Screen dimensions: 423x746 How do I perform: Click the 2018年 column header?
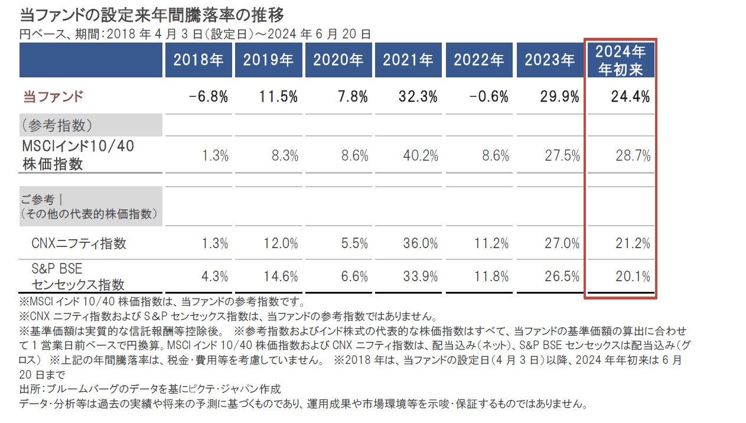[x=198, y=60]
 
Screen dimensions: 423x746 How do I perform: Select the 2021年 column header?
[x=408, y=60]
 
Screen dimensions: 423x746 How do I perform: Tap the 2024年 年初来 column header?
[x=620, y=60]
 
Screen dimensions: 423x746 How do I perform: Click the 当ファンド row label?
[x=53, y=97]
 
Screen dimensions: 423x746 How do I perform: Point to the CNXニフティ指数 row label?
[x=79, y=243]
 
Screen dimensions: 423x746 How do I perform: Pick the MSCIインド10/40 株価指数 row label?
[x=78, y=155]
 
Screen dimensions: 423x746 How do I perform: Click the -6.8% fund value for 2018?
[x=209, y=97]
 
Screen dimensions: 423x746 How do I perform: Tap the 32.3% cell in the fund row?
[x=418, y=97]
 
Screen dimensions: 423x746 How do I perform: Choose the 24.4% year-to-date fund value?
[x=630, y=97]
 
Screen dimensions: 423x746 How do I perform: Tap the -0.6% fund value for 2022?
[x=488, y=97]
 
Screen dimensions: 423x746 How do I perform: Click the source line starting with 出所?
[x=150, y=389]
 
